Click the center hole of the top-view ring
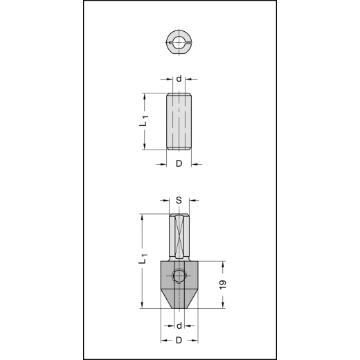[179, 43]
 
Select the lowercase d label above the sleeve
[179, 79]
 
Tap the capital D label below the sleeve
[179, 164]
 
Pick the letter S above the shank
[179, 201]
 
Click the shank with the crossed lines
[179, 236]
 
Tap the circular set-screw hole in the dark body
[179, 276]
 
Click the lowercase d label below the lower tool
[179, 325]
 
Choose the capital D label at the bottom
[179, 341]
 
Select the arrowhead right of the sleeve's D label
[194, 164]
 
